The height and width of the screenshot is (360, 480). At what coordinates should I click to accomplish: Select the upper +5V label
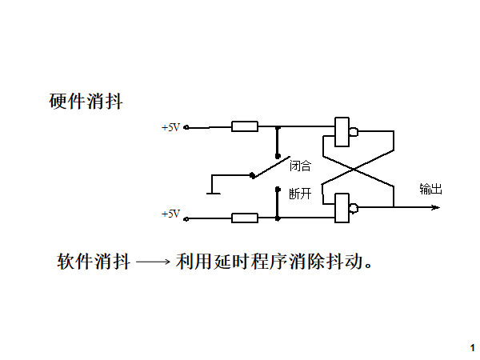pyautogui.click(x=171, y=127)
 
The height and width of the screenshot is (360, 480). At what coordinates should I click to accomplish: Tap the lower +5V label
pyautogui.click(x=171, y=214)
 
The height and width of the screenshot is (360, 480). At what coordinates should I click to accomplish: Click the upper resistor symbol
pyautogui.click(x=244, y=126)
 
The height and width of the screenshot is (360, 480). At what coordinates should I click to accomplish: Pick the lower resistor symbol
pyautogui.click(x=244, y=218)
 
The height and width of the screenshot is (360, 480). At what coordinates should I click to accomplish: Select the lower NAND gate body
pyautogui.click(x=342, y=208)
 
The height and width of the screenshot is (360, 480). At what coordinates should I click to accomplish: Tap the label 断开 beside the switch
pyautogui.click(x=300, y=194)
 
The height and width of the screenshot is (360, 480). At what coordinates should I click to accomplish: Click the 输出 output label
pyautogui.click(x=430, y=190)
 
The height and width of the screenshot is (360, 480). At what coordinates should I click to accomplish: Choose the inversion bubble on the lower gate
pyautogui.click(x=354, y=208)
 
